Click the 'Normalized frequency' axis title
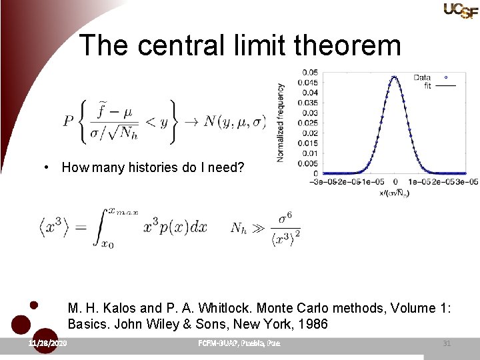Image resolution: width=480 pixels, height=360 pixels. pyautogui.click(x=281, y=123)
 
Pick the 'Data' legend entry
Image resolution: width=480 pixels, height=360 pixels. pyautogui.click(x=421, y=77)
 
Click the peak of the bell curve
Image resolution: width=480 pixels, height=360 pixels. pyautogui.click(x=394, y=76)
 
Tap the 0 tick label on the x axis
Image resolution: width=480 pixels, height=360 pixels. pyautogui.click(x=395, y=181)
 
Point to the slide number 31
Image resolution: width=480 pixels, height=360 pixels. pyautogui.click(x=447, y=343)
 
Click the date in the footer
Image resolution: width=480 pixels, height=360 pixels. pyautogui.click(x=47, y=343)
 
